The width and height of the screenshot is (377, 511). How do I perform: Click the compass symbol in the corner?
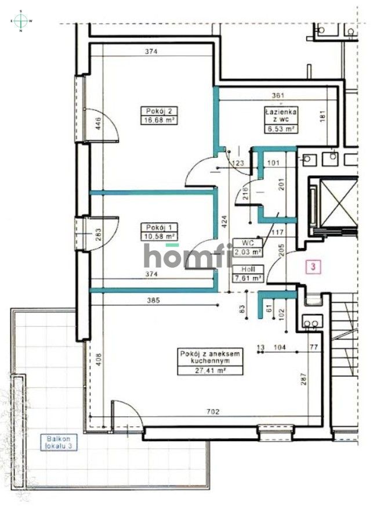[x=21, y=21]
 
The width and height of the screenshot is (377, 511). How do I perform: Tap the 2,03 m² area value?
[x=248, y=252]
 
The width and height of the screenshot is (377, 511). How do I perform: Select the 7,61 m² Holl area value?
[x=248, y=278]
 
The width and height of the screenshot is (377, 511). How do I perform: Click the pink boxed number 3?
[x=314, y=267]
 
